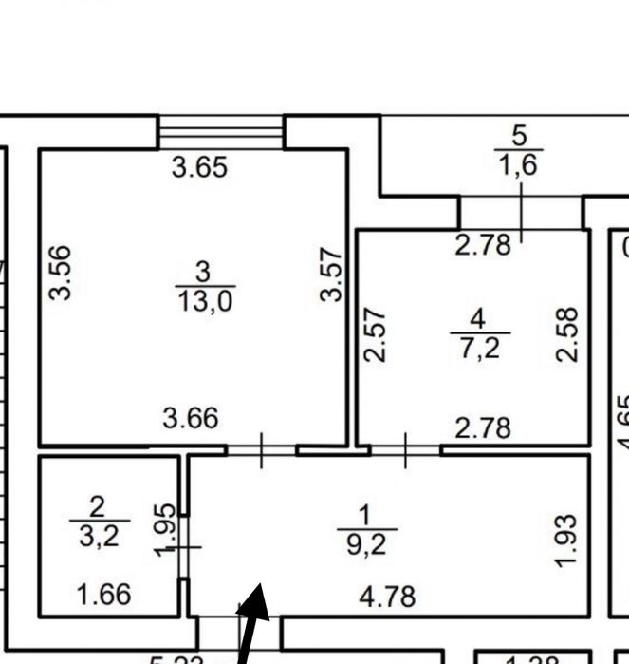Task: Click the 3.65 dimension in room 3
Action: pos(200,168)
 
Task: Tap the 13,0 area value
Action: pos(204,301)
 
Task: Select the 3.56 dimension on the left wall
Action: pos(60,273)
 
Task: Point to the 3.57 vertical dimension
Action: pos(330,274)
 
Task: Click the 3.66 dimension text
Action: pos(191,417)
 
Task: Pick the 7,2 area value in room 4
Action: pos(479,347)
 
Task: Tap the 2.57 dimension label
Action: pos(376,333)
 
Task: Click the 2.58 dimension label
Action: pos(566,333)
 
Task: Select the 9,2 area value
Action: pos(365,543)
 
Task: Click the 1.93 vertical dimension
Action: pos(565,540)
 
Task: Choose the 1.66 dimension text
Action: pos(102,596)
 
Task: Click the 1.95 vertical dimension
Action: pos(165,532)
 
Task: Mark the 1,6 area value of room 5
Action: pos(518,165)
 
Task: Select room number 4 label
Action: pos(480,318)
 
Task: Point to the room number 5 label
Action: pos(519,135)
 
